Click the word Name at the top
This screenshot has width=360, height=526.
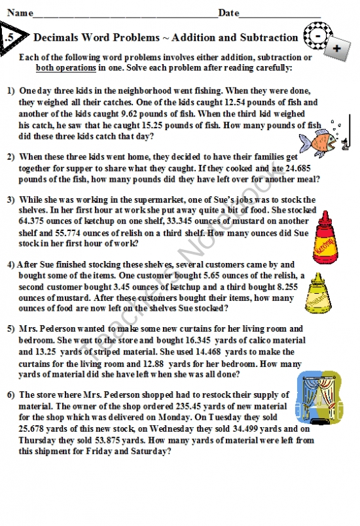tap(19, 12)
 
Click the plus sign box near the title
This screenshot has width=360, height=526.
tap(336, 49)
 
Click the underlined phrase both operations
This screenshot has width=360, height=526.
tap(65, 67)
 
